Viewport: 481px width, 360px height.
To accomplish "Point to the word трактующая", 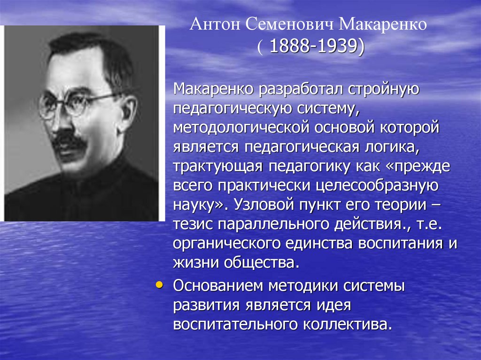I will click(217, 167).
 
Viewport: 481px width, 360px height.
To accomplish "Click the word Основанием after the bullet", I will click(219, 285).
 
